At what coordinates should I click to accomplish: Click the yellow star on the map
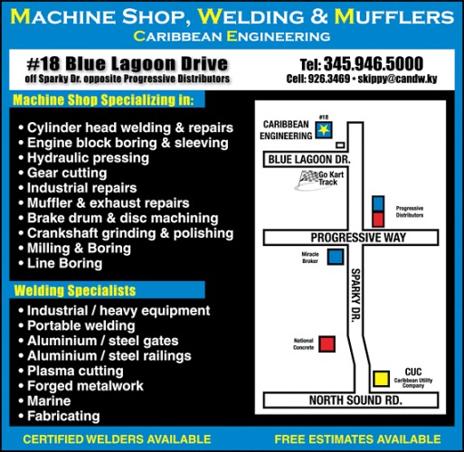(x=324, y=130)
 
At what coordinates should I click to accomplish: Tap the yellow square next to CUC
(x=381, y=379)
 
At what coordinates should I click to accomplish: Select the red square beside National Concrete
(x=327, y=344)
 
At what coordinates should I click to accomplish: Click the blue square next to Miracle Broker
(x=336, y=257)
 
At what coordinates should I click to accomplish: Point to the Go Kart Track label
(x=331, y=178)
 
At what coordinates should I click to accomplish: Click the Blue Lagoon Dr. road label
(x=309, y=159)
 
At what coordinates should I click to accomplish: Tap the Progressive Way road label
(x=358, y=238)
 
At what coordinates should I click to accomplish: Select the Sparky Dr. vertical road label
(x=355, y=295)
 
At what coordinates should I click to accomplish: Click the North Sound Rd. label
(x=355, y=400)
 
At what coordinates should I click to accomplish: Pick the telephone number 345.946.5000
(x=374, y=63)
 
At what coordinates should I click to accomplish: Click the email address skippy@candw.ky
(x=397, y=79)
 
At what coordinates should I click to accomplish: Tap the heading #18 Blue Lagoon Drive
(x=127, y=63)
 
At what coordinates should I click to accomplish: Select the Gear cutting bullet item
(x=67, y=173)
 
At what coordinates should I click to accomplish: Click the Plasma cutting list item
(x=75, y=371)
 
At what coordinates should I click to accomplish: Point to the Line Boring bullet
(x=65, y=263)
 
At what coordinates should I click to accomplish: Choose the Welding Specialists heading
(x=75, y=290)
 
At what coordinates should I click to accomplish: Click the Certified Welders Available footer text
(x=117, y=439)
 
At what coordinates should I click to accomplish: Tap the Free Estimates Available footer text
(x=357, y=439)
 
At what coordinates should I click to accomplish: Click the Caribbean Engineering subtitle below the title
(x=232, y=36)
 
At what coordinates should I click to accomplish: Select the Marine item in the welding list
(x=49, y=401)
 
